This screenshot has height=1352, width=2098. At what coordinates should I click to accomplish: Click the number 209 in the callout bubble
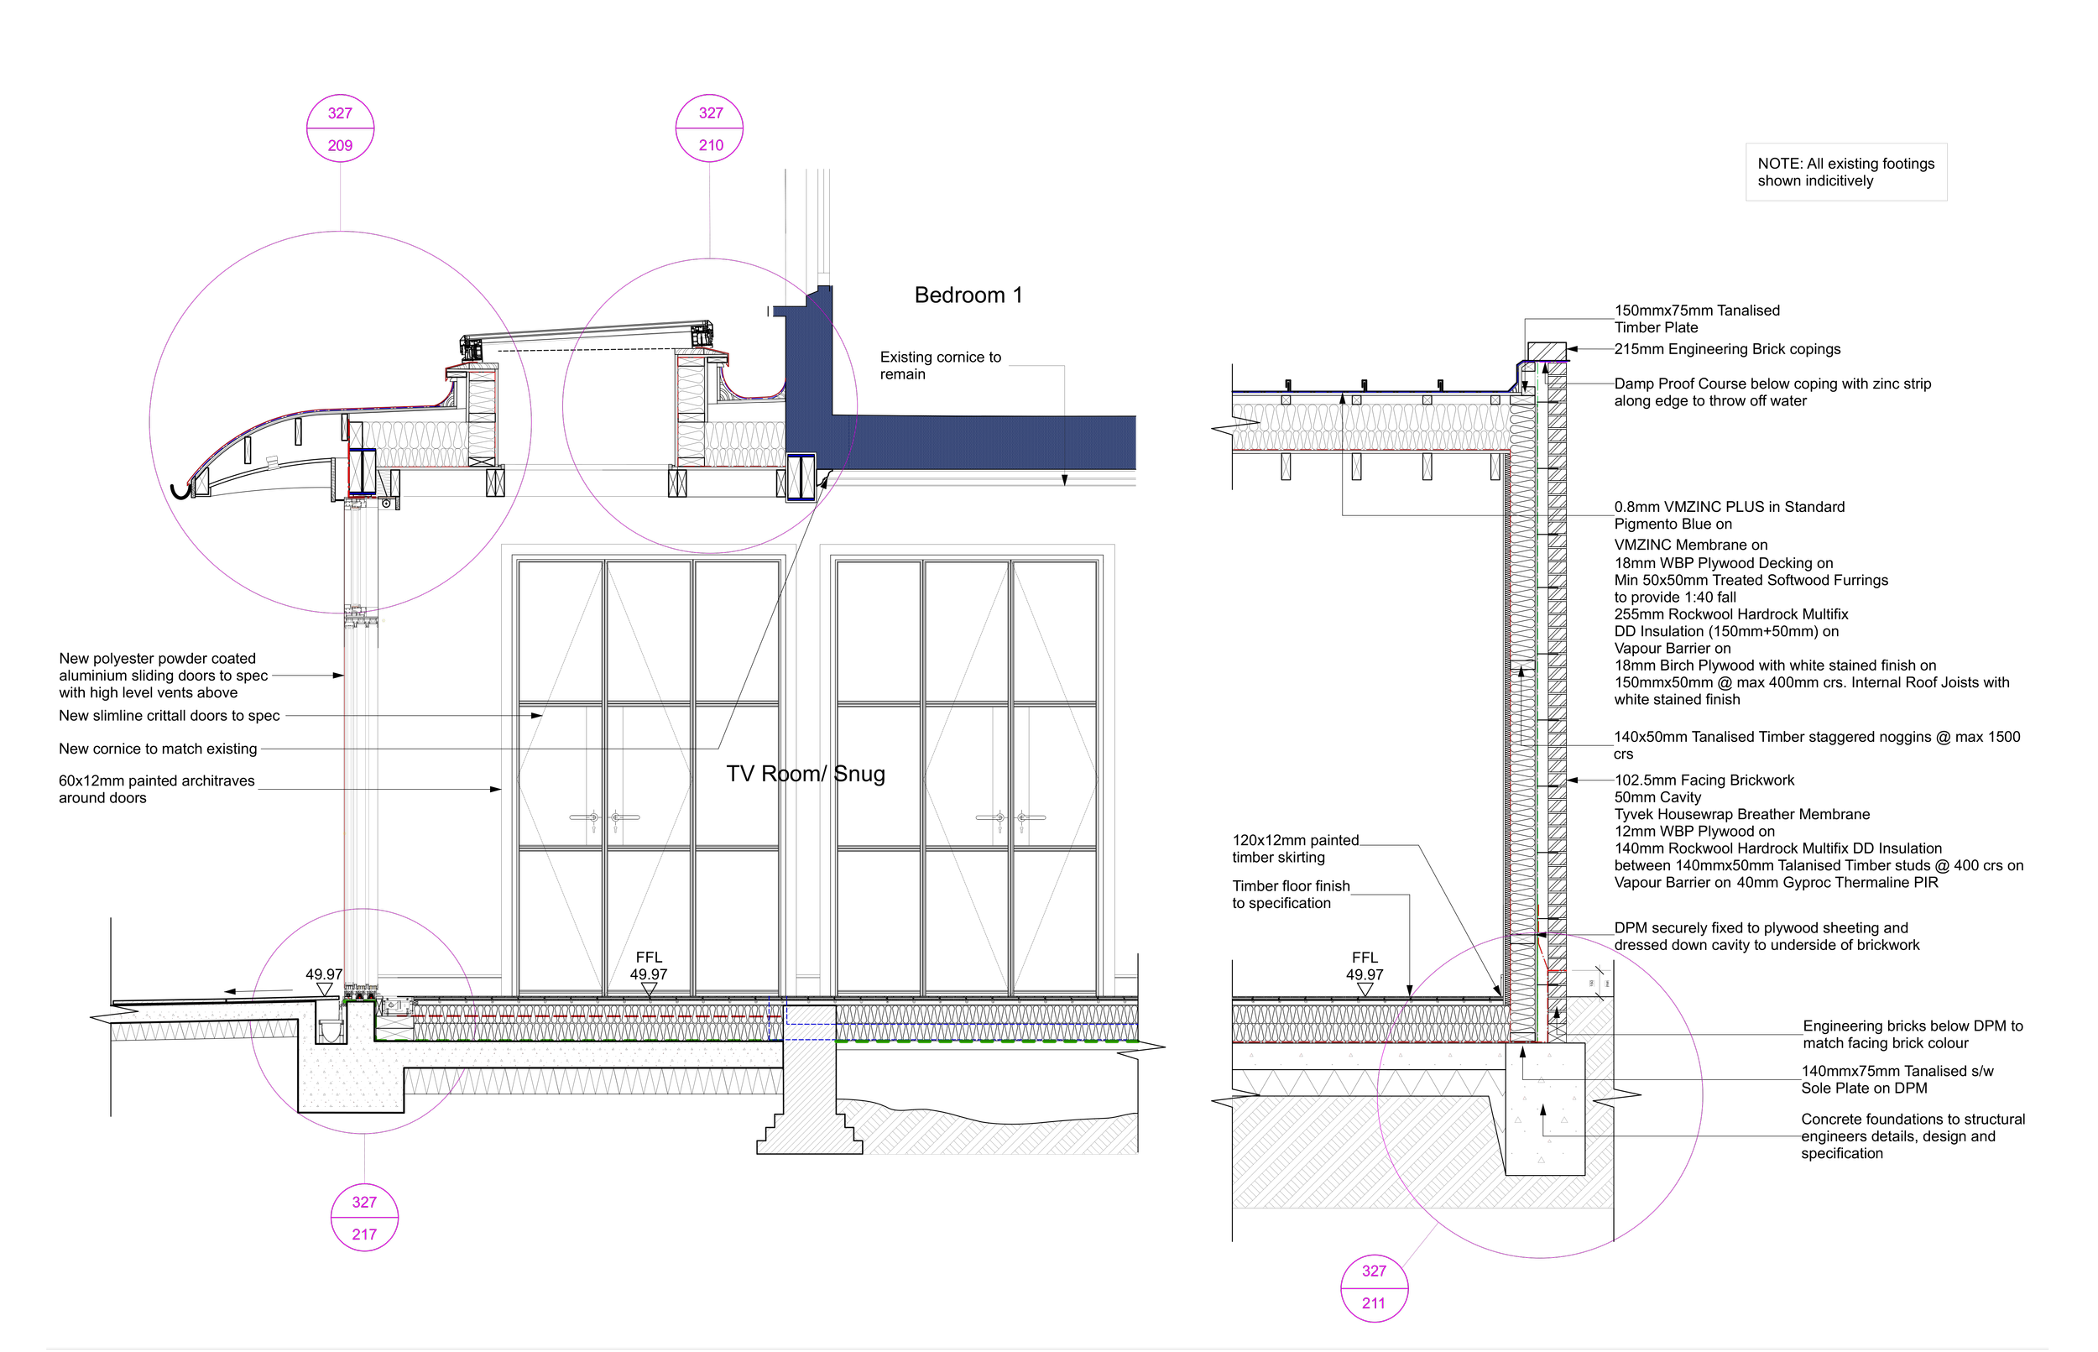pos(340,146)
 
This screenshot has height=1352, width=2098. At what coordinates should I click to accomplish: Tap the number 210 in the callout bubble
pos(710,146)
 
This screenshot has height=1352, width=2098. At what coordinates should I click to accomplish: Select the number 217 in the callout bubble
pos(364,1235)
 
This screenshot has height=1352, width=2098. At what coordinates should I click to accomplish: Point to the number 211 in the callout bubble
pos(1373,1303)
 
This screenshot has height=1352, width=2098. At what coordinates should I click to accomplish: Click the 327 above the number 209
pos(340,113)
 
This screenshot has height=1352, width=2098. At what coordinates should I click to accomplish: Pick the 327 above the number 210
pos(710,113)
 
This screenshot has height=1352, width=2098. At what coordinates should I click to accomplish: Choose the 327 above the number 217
pos(364,1203)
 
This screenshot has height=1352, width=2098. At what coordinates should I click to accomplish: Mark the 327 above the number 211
pos(1373,1271)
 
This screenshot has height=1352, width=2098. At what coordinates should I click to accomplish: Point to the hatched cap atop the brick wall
pos(1546,351)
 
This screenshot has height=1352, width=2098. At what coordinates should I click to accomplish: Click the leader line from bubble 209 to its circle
pos(340,196)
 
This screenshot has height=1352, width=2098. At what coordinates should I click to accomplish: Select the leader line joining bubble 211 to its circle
pos(1417,1245)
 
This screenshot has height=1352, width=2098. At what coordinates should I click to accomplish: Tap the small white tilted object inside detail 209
pos(273,462)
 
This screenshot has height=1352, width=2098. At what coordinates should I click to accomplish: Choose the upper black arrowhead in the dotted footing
pos(1523,1051)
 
